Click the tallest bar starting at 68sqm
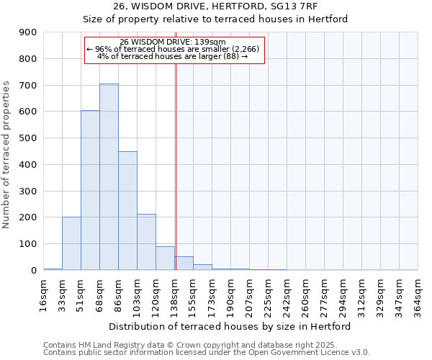pos(109,176)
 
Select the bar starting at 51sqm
pos(90,190)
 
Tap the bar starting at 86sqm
pos(127,210)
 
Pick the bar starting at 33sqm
pos(71,243)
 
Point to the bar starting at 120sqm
pos(165,258)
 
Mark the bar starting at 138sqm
pos(184,263)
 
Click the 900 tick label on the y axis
pos(28,32)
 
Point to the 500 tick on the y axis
pos(28,138)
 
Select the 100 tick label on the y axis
pos(28,244)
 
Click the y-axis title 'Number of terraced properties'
pos(6,155)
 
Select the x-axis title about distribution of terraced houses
pos(230,326)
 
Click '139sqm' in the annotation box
pos(211,42)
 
